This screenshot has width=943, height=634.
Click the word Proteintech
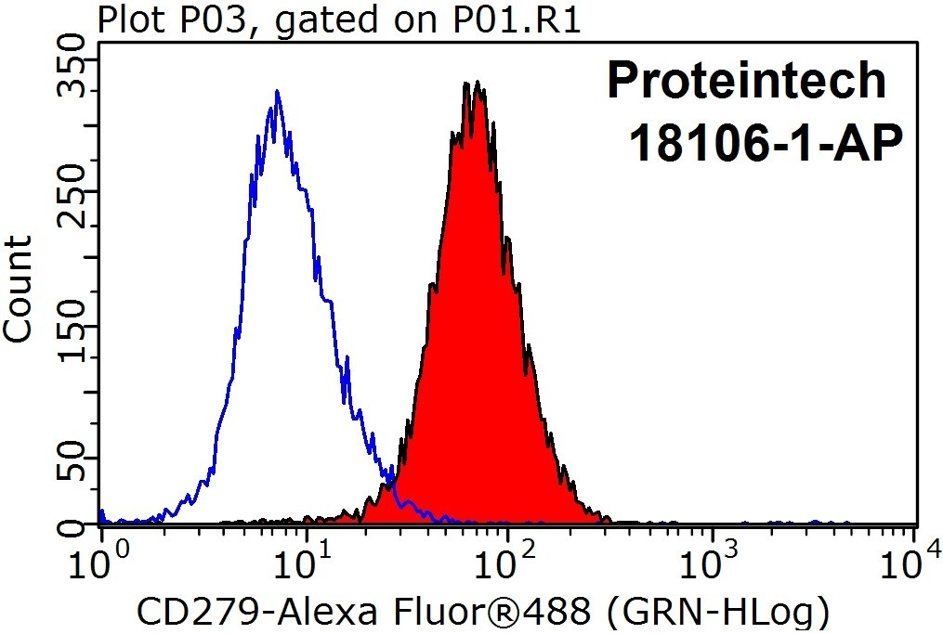[746, 81]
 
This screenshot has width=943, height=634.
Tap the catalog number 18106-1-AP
[766, 143]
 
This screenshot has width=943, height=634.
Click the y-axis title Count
[17, 289]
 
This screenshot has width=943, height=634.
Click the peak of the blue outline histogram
[277, 91]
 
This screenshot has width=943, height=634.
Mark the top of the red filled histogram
[477, 81]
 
